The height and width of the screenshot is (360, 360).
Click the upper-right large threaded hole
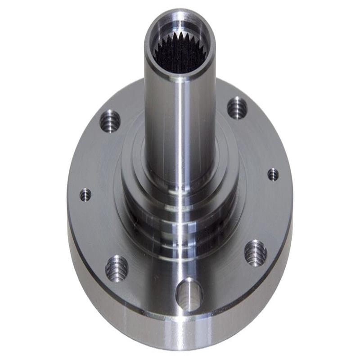[x=237, y=108]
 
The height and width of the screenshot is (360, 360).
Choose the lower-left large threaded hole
[x=117, y=269]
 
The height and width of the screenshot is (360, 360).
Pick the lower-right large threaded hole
[x=256, y=253]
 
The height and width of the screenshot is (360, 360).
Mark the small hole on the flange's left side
[x=85, y=195]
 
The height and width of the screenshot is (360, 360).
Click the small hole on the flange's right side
[x=273, y=175]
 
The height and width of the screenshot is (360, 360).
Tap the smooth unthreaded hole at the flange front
[x=189, y=295]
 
